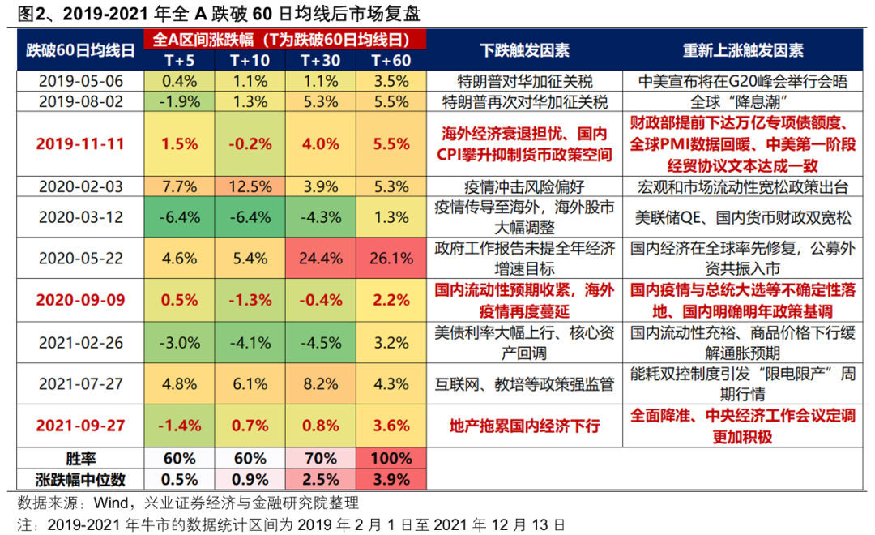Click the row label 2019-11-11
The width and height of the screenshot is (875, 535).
tap(79, 143)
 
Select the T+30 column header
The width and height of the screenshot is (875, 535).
tap(320, 60)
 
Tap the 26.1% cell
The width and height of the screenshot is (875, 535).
tap(391, 257)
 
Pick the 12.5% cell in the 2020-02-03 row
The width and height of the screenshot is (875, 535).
tap(250, 186)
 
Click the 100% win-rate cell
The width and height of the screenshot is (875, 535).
tap(391, 459)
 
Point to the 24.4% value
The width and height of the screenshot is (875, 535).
tap(320, 257)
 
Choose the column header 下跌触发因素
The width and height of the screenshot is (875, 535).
tap(524, 50)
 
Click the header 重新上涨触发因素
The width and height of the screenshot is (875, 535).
tap(743, 50)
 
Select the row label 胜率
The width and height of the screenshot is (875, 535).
tap(79, 459)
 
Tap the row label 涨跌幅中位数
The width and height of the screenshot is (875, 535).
tap(79, 479)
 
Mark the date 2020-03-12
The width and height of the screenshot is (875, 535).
tap(79, 217)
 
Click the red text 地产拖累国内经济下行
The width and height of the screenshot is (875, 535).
tap(524, 426)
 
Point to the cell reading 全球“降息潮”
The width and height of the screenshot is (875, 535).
tap(743, 102)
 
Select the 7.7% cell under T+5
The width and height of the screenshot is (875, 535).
tap(180, 186)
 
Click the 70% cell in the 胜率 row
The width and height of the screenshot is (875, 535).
tap(320, 459)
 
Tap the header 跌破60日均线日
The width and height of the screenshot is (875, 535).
tap(79, 50)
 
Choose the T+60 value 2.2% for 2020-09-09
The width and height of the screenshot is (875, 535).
tap(391, 299)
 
